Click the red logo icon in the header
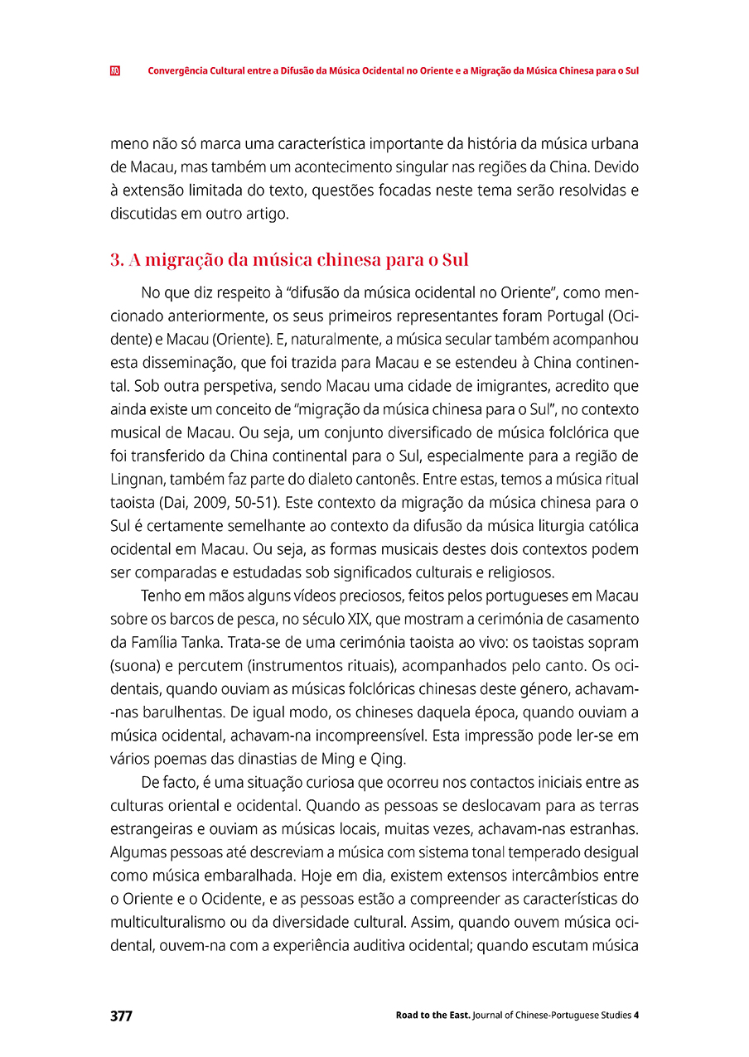pos(115,70)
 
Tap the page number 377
pos(121,1016)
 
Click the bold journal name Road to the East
pos(433,1016)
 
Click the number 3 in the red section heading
pos(114,260)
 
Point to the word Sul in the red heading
pos(456,260)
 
